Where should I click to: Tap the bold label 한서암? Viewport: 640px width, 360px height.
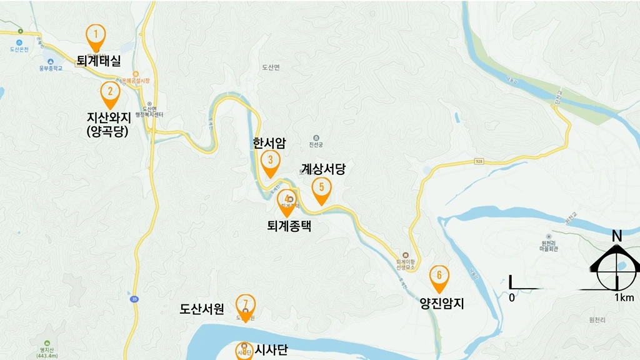[x=269, y=143]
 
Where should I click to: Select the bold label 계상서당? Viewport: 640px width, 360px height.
[x=322, y=169]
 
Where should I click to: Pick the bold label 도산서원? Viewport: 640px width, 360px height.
[x=201, y=308]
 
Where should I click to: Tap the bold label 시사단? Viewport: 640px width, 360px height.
[x=271, y=350]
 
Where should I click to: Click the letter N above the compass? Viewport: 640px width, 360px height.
[x=617, y=236]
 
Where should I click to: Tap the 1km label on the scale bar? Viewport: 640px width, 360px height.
[x=624, y=297]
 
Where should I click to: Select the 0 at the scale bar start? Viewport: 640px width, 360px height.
[x=511, y=297]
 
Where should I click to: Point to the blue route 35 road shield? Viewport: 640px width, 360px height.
[x=134, y=299]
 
